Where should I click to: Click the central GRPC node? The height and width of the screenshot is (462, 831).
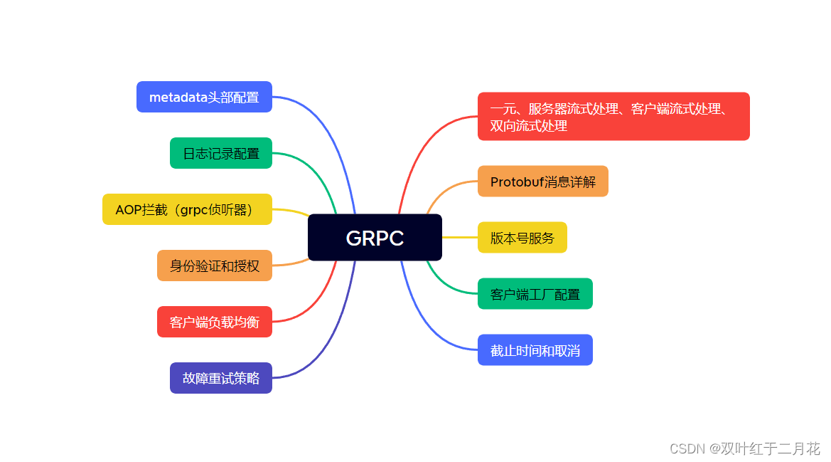375,238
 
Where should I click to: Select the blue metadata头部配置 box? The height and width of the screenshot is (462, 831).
204,97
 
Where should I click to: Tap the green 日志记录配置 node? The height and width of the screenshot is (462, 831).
221,153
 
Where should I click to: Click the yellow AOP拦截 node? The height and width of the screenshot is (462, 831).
187,209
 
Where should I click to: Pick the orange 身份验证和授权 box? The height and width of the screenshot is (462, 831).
215,266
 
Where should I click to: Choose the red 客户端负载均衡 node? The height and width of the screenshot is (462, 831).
215,322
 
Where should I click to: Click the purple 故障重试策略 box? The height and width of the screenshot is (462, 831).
221,378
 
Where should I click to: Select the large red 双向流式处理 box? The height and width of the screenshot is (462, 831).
613,117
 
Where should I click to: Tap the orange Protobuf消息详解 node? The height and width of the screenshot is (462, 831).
543,182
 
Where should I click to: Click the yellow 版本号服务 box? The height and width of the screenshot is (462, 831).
522,238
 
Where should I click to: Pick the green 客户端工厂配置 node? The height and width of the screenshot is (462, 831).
535,294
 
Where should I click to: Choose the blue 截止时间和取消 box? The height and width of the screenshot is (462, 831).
535,350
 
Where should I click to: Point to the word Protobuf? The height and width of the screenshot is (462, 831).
517,182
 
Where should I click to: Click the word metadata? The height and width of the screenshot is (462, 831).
178,97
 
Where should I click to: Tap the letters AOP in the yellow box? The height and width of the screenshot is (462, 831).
128,209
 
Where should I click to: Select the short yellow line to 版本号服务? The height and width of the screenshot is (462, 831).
460,237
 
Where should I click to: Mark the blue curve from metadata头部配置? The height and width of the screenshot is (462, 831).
327,128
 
